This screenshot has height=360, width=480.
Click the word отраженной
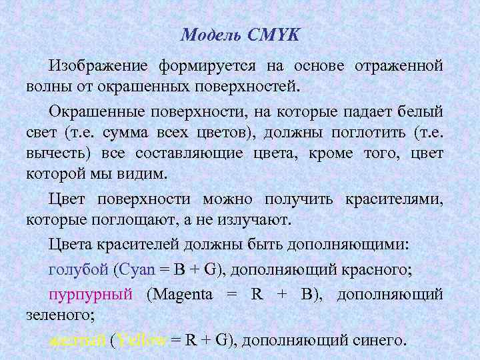(x=399, y=66)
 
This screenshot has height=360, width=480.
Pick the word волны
(x=45, y=87)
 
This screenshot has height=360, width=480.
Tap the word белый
(x=420, y=110)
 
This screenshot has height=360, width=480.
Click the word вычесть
(x=57, y=154)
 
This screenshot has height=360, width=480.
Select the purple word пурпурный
(x=90, y=294)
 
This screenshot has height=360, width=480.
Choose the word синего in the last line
(x=377, y=340)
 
